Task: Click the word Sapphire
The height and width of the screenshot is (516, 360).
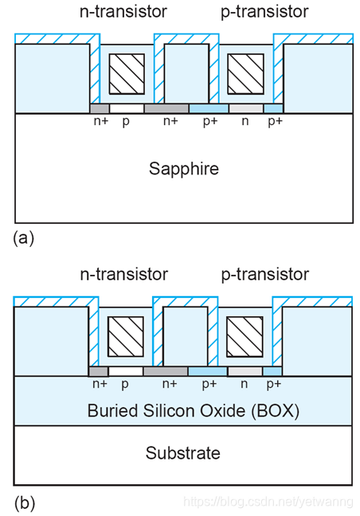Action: pyautogui.click(x=184, y=169)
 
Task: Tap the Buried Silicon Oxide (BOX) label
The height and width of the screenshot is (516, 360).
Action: pyautogui.click(x=194, y=411)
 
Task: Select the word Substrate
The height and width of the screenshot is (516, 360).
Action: pyautogui.click(x=183, y=453)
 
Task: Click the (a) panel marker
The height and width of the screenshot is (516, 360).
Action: pyautogui.click(x=24, y=237)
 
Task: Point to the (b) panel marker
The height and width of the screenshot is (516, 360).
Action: pyautogui.click(x=25, y=503)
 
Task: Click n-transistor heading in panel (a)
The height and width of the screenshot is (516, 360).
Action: pyautogui.click(x=123, y=11)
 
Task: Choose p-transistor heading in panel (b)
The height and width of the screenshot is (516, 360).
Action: pyautogui.click(x=265, y=274)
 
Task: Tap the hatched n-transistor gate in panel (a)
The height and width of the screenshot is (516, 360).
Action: pyautogui.click(x=127, y=74)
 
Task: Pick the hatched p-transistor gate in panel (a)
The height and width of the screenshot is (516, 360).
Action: pyautogui.click(x=245, y=74)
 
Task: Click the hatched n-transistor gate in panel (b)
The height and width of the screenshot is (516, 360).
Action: pyautogui.click(x=126, y=337)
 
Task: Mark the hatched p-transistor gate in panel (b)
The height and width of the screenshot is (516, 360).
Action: pyautogui.click(x=245, y=337)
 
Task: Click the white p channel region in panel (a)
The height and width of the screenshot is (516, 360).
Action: pyautogui.click(x=127, y=108)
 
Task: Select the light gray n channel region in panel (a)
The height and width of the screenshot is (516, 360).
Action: pyautogui.click(x=246, y=108)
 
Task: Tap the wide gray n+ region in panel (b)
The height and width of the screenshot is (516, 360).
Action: pyautogui.click(x=166, y=371)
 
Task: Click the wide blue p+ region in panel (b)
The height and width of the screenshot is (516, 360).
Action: pyautogui.click(x=208, y=371)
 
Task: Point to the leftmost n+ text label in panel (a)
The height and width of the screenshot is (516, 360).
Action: pyautogui.click(x=101, y=121)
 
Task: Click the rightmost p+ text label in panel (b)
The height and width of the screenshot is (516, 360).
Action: pyautogui.click(x=274, y=384)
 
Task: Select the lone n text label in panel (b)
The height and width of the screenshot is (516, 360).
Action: pyautogui.click(x=244, y=384)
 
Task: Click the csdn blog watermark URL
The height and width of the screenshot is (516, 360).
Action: pyautogui.click(x=268, y=502)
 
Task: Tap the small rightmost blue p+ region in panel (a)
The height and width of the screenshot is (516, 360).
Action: pyautogui.click(x=273, y=108)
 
